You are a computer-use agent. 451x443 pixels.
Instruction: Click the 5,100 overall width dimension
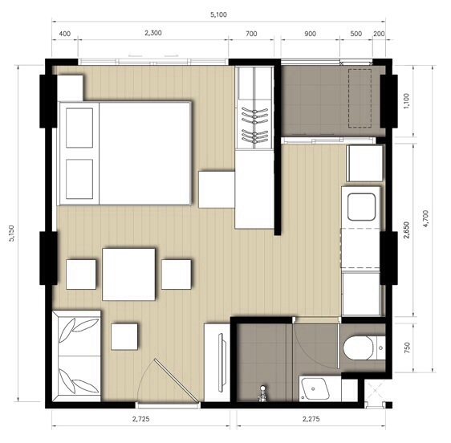coord(218,14)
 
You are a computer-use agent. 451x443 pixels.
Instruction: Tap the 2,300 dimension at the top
coord(153,33)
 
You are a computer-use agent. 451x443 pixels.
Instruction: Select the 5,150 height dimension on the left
coord(11,233)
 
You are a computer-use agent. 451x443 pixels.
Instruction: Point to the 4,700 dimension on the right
coord(425,218)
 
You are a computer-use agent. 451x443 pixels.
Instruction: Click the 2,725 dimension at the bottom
coord(141,419)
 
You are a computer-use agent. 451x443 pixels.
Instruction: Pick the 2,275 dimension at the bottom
coord(311,419)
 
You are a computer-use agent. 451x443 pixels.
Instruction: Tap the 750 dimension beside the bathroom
coord(407,347)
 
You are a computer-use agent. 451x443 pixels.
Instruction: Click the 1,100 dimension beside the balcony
coord(406,101)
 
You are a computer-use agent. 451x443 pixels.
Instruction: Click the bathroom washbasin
coord(315,388)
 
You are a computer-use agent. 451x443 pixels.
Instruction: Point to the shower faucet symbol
coord(262,394)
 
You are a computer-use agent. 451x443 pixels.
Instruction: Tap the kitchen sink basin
coord(361,207)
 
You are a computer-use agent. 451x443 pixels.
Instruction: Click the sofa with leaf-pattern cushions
coord(77,356)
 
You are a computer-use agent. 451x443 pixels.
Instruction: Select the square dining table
coord(128,274)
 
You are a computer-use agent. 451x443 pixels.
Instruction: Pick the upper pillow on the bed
coord(79,128)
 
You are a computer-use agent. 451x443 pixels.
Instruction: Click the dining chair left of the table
coord(81,274)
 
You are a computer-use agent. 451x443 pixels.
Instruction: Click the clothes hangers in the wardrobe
coord(255,124)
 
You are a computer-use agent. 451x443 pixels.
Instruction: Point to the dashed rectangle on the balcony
coord(360,98)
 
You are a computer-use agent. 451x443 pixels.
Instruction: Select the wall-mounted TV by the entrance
coord(221,363)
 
